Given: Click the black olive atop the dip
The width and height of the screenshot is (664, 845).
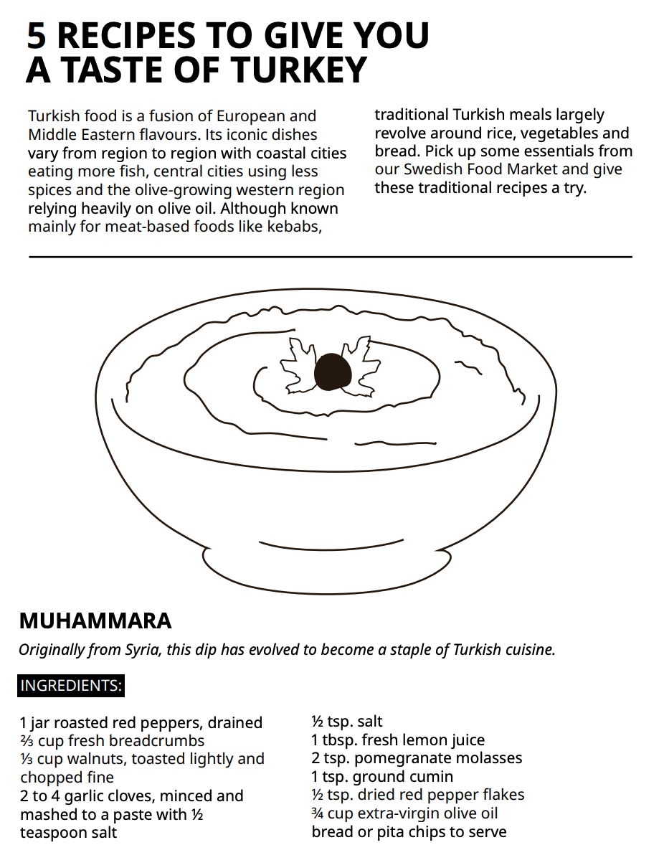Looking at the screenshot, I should (333, 372).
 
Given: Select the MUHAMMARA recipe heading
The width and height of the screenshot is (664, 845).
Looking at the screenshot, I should (95, 620).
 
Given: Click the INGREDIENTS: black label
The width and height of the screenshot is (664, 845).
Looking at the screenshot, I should (71, 686).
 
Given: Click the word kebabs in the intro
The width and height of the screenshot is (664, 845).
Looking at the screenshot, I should (293, 227).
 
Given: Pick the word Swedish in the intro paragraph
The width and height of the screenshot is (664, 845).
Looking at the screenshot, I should (432, 170).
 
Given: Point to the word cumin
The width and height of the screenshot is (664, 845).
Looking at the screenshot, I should (432, 777).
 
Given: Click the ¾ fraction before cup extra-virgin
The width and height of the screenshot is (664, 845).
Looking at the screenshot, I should (318, 813).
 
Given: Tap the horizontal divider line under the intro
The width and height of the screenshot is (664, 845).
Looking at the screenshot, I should (331, 256).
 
